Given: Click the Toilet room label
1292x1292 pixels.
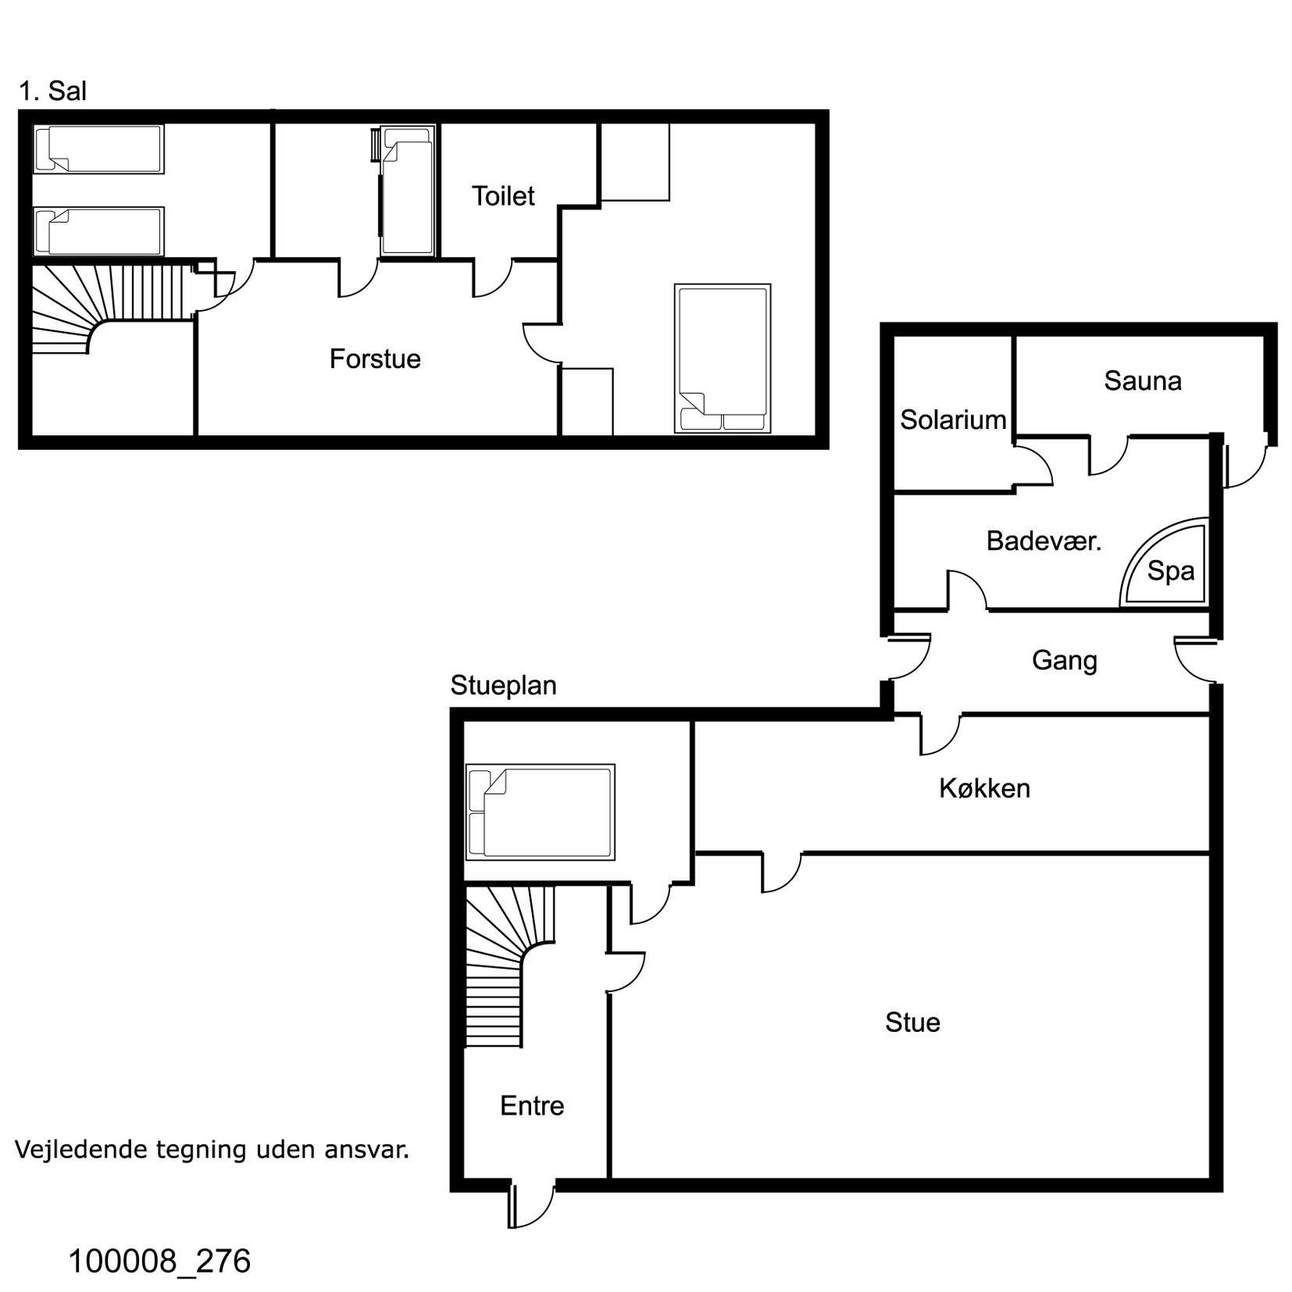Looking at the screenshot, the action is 502,195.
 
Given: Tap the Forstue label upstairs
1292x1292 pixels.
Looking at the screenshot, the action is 375,359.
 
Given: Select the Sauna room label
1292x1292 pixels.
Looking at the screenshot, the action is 1142,380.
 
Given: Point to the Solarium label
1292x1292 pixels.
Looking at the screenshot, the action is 953,419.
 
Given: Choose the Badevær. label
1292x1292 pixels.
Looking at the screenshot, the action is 1044,541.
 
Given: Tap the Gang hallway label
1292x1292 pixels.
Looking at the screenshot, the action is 1064,661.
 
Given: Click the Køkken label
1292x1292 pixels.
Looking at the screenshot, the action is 984,788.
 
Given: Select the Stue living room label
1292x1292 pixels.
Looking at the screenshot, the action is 912,1023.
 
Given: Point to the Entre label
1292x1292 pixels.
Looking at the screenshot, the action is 532,1105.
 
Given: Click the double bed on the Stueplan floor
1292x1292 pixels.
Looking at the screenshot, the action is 540,812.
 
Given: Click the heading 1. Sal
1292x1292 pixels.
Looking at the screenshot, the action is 52,91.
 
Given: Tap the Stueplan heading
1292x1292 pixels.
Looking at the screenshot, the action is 503,686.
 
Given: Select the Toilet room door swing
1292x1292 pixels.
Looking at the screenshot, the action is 492,278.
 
